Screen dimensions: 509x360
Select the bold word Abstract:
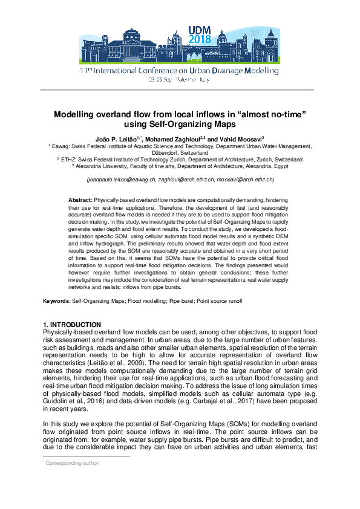[79, 199]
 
